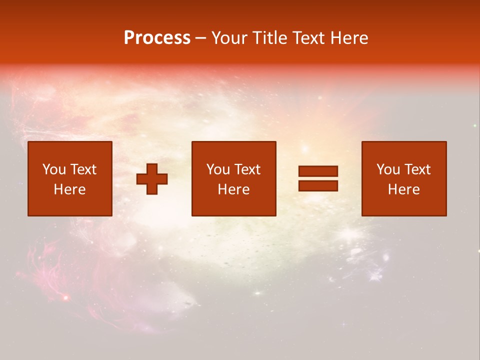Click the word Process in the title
(x=157, y=38)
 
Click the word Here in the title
(x=351, y=38)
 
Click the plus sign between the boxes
(x=152, y=179)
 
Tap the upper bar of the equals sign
(x=318, y=171)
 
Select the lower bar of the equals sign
(x=318, y=186)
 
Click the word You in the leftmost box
(x=54, y=169)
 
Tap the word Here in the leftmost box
(x=69, y=189)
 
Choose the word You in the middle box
(x=218, y=169)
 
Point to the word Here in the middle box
(x=233, y=189)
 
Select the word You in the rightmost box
(x=388, y=169)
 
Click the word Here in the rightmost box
(x=403, y=189)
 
